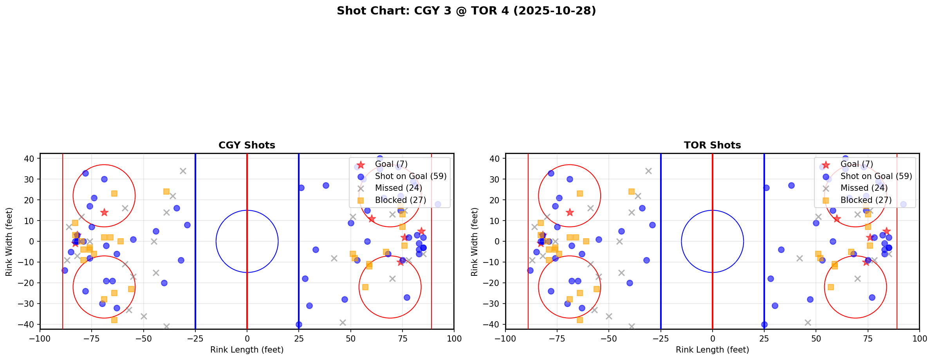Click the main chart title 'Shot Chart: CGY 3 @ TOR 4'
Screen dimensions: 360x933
pos(466,11)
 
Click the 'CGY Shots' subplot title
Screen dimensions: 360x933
pos(247,145)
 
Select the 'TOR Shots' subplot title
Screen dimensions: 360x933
pos(712,145)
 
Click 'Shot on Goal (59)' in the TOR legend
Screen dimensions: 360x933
pos(876,176)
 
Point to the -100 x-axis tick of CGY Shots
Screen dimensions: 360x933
pos(40,338)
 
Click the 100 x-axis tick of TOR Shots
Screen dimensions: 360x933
pos(919,338)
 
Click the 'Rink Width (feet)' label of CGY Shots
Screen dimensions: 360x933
pos(9,242)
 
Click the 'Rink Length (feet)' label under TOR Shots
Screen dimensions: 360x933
pos(712,350)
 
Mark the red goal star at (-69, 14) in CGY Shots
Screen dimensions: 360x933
pos(104,212)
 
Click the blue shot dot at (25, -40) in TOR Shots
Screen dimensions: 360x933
pos(764,324)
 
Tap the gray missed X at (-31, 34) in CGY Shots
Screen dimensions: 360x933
pos(183,171)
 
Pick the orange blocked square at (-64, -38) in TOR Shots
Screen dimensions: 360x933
pos(580,320)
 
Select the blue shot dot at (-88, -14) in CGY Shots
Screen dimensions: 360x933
pos(65,270)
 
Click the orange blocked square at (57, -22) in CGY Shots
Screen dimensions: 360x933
pos(365,287)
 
